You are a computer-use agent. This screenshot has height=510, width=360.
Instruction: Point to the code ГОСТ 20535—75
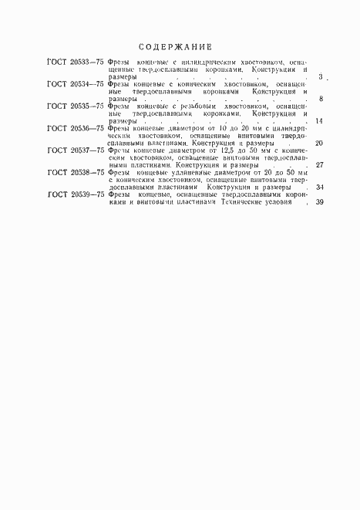(76, 106)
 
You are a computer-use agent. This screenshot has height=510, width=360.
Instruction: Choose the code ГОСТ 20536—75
(76, 128)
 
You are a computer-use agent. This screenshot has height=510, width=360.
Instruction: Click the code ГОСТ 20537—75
(76, 150)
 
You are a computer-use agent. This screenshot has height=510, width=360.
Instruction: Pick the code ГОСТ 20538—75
(76, 172)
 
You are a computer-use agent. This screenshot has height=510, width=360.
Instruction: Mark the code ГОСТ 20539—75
(76, 194)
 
